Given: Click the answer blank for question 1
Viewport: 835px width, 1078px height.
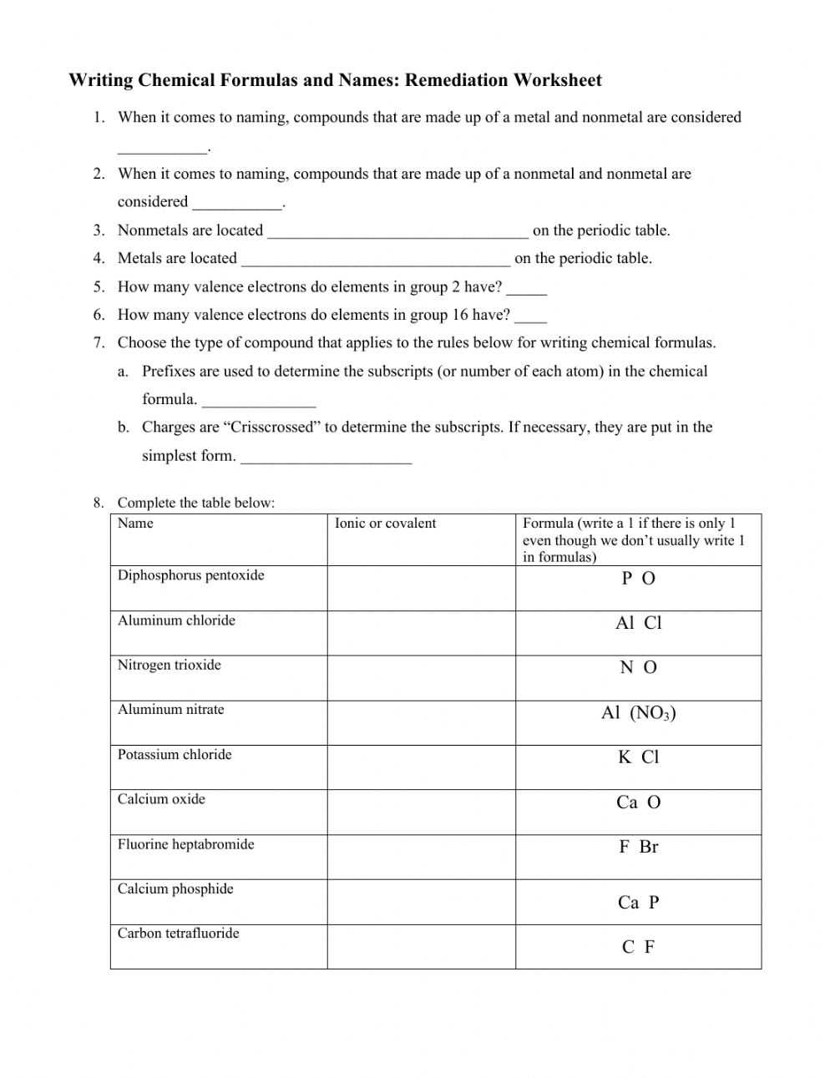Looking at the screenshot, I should (162, 149).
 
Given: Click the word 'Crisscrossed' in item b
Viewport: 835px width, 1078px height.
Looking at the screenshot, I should (272, 428).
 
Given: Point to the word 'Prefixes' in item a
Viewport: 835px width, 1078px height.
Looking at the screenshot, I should (169, 372).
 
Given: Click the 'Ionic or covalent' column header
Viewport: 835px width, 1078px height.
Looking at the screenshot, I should (385, 524).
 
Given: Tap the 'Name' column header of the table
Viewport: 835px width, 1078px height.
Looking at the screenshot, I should (135, 524).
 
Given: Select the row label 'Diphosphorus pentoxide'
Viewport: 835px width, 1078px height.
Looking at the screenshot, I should (190, 575).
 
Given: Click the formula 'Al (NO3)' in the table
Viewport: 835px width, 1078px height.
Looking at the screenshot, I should (639, 713).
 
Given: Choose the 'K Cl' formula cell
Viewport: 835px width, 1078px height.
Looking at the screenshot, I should (639, 757).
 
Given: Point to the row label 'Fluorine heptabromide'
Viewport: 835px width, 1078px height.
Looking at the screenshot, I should (185, 844).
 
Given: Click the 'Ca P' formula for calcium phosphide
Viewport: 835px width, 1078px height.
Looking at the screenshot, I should (639, 903).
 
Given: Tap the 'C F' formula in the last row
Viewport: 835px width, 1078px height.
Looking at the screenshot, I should (639, 947).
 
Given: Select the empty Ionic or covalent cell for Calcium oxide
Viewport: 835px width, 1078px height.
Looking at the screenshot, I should (421, 812).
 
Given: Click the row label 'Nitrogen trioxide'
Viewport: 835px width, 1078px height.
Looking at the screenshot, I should (170, 665).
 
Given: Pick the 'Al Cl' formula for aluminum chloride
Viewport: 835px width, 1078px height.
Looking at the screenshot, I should (639, 623).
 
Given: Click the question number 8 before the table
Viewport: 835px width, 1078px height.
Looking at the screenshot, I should (99, 503).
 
